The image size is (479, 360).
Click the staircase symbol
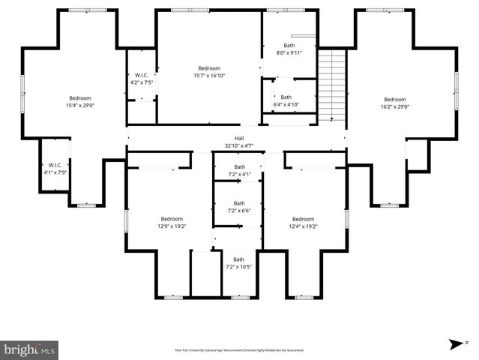coord(331,86)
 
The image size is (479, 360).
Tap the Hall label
coord(239,138)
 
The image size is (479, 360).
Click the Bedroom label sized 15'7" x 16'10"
coord(209,68)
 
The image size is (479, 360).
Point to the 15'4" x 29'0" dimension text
coord(80,105)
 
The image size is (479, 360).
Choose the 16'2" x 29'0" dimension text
coord(394,106)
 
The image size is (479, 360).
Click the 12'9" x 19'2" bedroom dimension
coord(172,226)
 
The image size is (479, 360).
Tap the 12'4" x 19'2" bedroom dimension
coord(303,226)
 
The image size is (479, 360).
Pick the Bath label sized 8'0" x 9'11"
coord(289,46)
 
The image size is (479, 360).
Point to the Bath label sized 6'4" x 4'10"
coord(286,97)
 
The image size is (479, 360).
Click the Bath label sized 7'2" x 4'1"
coord(239,166)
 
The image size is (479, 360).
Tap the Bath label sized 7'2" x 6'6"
coord(239,203)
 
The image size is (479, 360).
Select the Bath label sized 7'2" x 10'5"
coord(239,259)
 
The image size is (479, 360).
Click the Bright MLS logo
coord(30,349)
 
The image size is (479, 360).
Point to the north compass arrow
coord(455,343)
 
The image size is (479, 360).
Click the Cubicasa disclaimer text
coord(239,350)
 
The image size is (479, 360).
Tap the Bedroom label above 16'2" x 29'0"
coord(394,99)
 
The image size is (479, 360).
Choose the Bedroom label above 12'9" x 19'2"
coord(172,218)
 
